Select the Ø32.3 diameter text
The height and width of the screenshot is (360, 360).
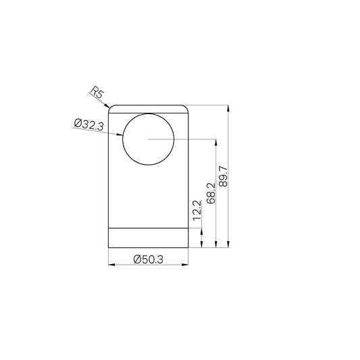89,124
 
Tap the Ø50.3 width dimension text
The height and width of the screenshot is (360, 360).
149,259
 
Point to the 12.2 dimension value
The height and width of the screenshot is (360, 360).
197,210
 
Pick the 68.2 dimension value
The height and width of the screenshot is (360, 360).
211,193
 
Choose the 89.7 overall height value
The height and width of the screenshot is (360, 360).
225,177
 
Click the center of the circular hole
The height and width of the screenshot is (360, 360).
148,140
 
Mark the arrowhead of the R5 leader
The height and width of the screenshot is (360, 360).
110,106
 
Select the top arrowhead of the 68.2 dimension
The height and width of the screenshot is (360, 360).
215,142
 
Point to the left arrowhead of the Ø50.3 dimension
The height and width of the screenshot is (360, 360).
111,265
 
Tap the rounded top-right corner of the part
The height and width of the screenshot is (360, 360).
186,107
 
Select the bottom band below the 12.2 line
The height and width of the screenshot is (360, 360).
149,238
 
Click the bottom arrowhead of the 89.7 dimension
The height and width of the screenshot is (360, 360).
230,247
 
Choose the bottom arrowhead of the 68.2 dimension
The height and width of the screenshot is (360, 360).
215,247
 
